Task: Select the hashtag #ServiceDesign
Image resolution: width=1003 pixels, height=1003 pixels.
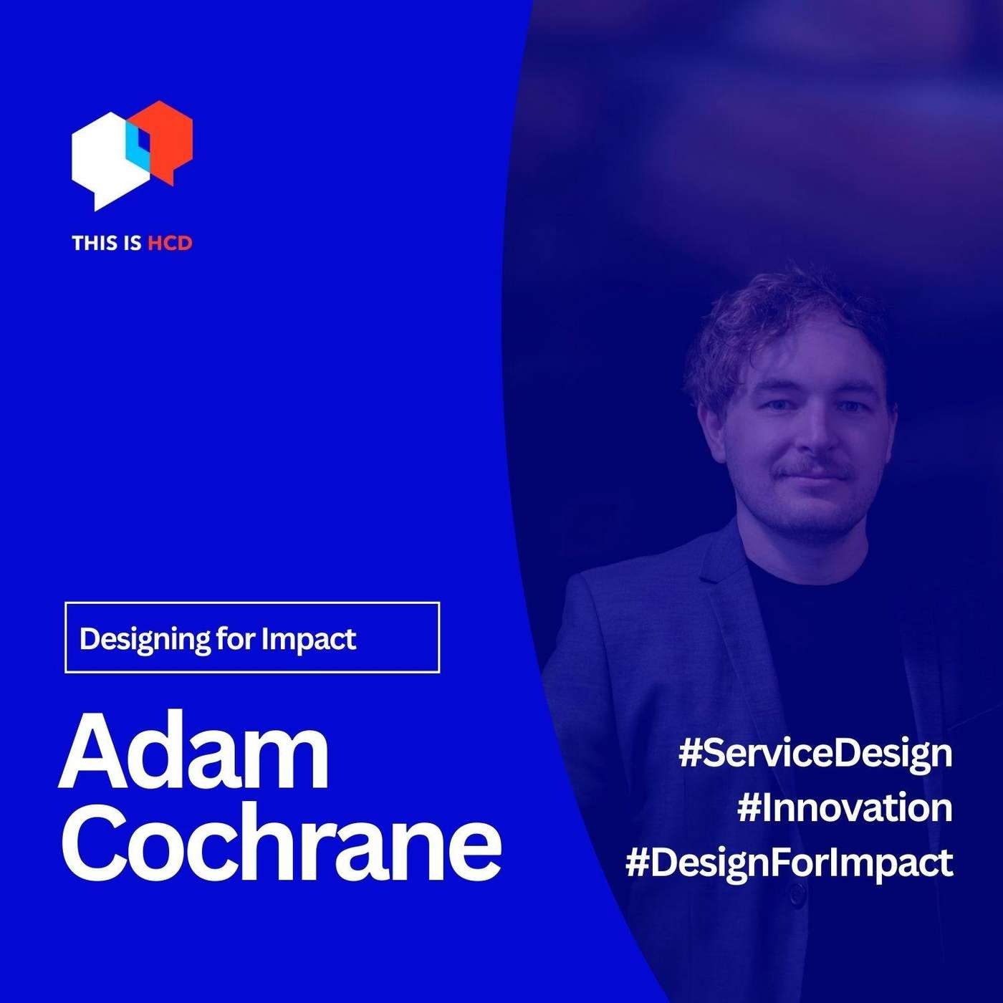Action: click(x=815, y=754)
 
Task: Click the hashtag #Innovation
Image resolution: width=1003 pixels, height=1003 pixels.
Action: click(x=845, y=808)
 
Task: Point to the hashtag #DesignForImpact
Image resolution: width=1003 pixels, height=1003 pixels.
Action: click(x=789, y=862)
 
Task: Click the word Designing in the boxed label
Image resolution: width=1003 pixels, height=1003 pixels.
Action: click(x=145, y=638)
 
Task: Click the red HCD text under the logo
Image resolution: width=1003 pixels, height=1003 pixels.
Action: click(x=170, y=244)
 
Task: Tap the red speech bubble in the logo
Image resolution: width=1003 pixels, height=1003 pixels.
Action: click(x=172, y=136)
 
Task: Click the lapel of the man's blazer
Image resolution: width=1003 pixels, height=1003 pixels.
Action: click(x=724, y=595)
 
